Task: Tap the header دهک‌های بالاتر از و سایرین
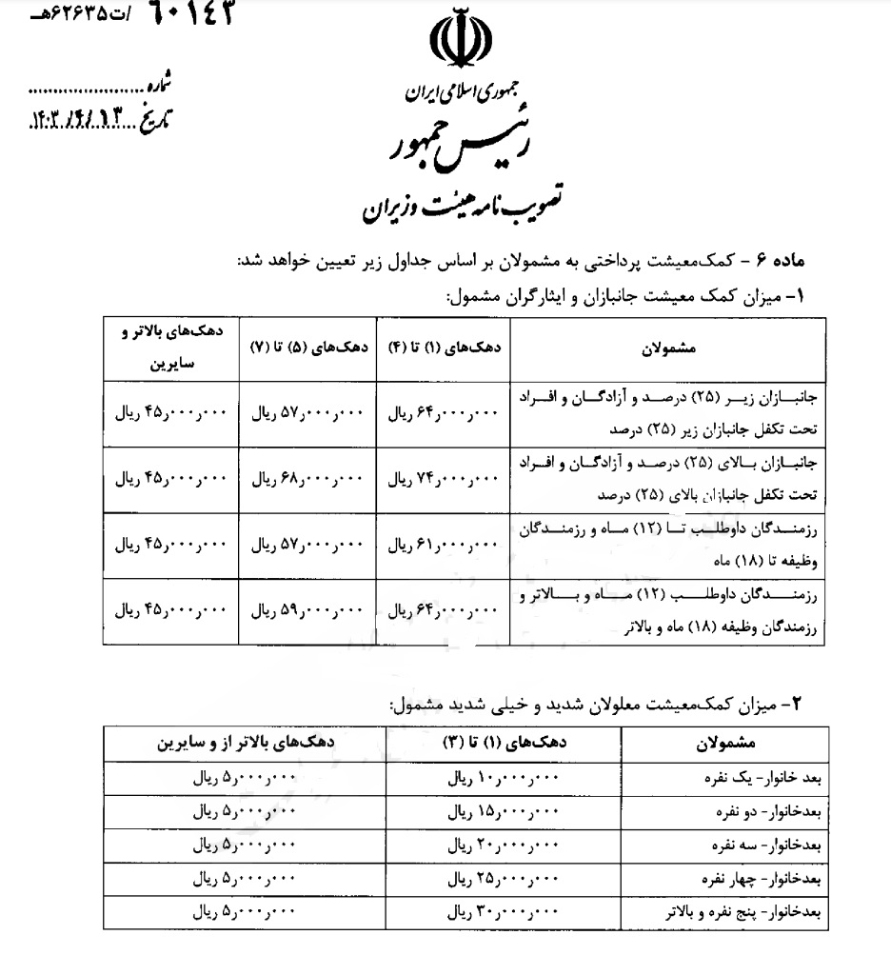pyautogui.click(x=252, y=742)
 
